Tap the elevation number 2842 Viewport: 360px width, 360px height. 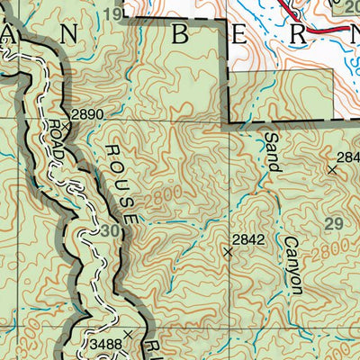[247, 239]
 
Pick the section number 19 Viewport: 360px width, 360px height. [137, 13]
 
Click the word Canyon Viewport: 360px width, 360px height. [292, 266]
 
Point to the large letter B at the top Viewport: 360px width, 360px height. [180, 36]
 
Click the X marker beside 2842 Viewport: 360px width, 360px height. [228, 253]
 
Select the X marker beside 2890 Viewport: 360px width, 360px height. [67, 126]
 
